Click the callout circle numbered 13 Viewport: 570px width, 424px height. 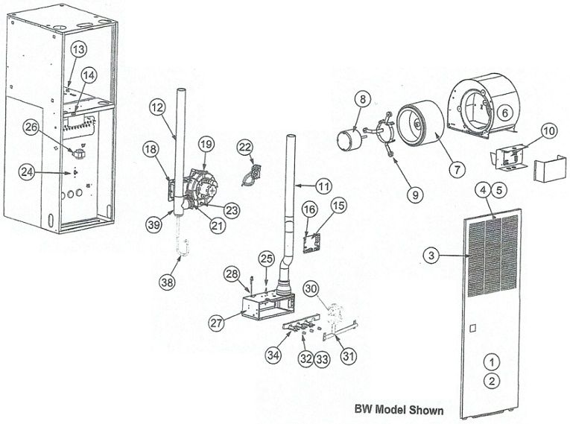[x=79, y=48]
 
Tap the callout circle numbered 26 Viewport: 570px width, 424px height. [x=30, y=127]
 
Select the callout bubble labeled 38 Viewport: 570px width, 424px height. [x=168, y=281]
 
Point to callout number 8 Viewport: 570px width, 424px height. [x=362, y=98]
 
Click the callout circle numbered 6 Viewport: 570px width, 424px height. [x=504, y=113]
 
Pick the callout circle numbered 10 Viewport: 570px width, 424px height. [x=548, y=131]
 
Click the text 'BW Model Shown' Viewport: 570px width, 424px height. [x=399, y=410]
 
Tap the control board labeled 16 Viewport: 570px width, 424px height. [x=314, y=241]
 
